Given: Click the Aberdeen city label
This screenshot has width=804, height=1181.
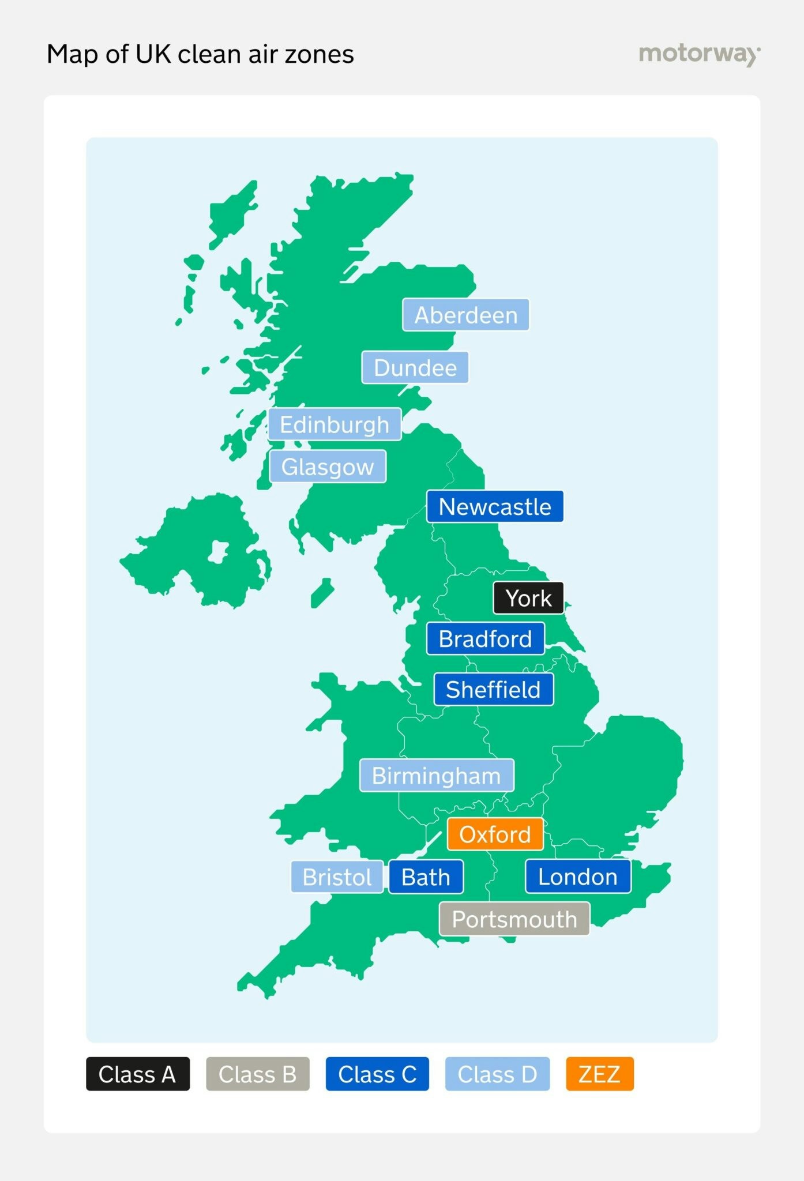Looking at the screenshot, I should pos(465,315).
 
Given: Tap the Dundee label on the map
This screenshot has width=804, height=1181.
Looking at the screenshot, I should pos(415,367).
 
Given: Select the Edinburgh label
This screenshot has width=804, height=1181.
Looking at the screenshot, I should pos(335,424).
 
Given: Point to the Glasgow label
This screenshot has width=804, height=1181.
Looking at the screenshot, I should pos(328,467).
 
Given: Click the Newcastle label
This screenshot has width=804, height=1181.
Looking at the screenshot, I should pos(495,507).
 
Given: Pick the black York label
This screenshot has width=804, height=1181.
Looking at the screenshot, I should pos(528,598).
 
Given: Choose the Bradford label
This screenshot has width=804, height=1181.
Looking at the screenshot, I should pos(485,639).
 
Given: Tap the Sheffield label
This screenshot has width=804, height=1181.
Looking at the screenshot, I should pos(493,690).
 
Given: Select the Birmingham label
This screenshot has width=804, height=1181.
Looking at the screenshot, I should pos(437,776).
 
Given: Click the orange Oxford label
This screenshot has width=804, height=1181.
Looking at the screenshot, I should pos(495,834).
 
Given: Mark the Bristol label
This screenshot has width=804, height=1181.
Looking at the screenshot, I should pos(337,877).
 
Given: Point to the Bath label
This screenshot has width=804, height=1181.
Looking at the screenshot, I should pos(426,877).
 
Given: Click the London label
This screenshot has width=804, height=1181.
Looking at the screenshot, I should pos(578,877).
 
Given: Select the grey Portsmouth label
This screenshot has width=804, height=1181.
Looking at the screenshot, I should pos(514,919).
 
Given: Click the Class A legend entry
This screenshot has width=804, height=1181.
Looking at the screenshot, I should pos(137,1074).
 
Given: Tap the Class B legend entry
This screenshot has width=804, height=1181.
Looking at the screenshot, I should pos(257,1074).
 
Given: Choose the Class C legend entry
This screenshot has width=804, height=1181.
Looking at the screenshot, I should pos(377,1074).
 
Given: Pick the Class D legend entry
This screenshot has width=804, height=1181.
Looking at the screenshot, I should pos(497,1074).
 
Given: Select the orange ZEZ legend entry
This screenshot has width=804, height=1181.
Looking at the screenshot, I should pos(599,1074).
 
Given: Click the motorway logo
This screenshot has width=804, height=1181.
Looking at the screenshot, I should pos(699,54).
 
